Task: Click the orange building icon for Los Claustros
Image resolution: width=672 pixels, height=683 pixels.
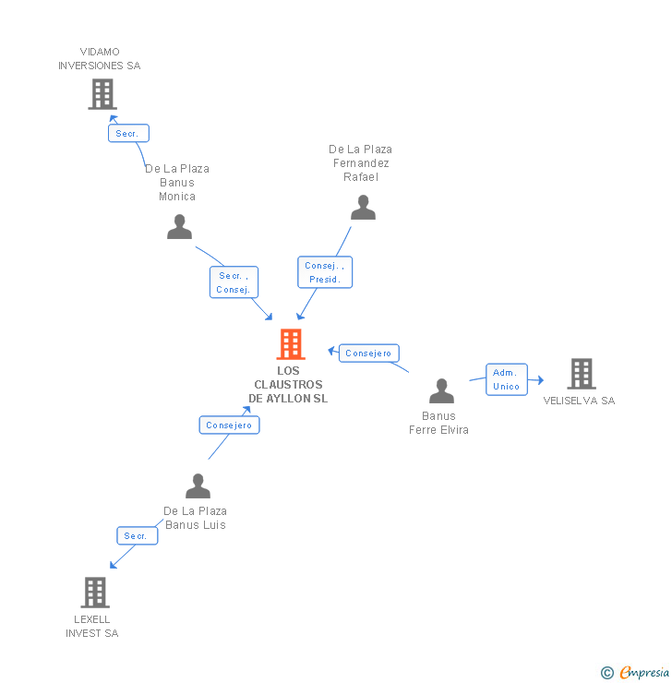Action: [291, 344]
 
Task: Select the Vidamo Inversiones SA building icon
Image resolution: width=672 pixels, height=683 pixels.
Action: [102, 94]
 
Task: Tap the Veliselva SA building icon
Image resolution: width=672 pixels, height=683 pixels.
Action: [581, 374]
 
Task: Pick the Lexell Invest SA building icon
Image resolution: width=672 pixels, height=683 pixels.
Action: [95, 593]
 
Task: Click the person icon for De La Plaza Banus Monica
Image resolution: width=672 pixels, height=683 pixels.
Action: [179, 227]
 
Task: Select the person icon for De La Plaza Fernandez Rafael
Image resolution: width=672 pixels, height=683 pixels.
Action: [363, 208]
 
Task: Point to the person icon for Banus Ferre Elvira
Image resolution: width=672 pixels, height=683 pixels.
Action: [441, 391]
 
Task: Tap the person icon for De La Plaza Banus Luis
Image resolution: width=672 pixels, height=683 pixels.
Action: [198, 485]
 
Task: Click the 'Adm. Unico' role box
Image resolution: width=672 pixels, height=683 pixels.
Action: [506, 379]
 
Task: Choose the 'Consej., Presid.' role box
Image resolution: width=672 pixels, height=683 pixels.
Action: [324, 272]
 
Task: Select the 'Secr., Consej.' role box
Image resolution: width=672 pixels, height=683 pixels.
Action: [234, 282]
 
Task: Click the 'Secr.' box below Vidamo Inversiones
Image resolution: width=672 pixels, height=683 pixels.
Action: [127, 134]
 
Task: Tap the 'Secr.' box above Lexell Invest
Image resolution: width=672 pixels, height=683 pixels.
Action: [137, 536]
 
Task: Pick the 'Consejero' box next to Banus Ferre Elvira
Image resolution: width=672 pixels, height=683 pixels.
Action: [369, 353]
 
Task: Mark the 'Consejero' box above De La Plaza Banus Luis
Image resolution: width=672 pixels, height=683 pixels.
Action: [229, 425]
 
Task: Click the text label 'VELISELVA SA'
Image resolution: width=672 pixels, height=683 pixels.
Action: [579, 401]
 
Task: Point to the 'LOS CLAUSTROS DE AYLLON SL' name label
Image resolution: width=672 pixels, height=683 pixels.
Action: [288, 385]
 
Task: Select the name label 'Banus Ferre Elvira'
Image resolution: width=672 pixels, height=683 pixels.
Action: [438, 423]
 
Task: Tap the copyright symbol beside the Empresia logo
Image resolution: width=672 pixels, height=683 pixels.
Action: [607, 673]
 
